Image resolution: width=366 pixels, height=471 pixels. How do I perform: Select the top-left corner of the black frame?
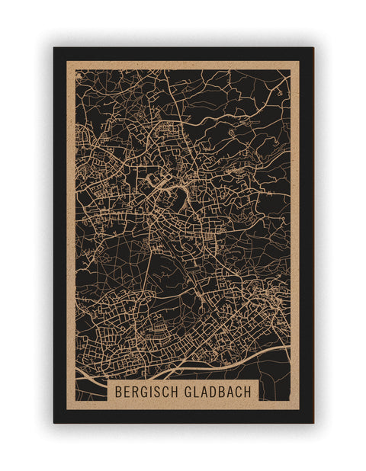click(x=54, y=49)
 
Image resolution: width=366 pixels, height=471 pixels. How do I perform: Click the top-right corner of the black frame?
click(x=313, y=49)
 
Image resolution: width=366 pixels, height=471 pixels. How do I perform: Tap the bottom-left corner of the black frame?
click(x=54, y=422)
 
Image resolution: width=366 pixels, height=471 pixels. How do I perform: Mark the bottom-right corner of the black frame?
click(x=313, y=422)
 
